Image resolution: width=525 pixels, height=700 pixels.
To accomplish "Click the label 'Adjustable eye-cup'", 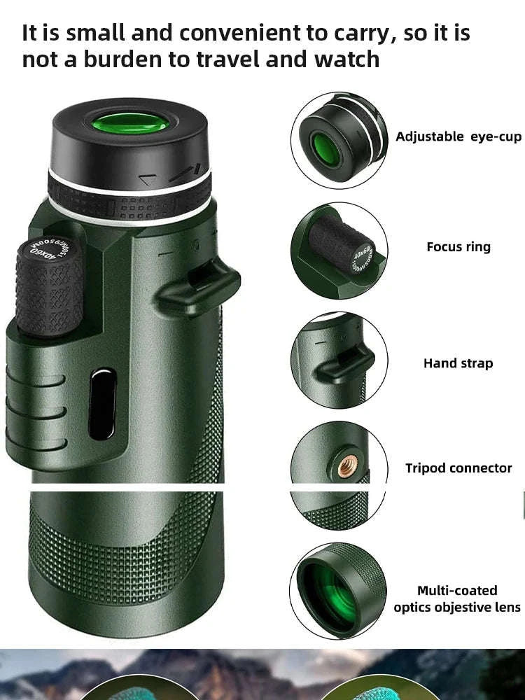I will tap(458, 136).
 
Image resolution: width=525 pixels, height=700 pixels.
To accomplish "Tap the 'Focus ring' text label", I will tap(458, 246).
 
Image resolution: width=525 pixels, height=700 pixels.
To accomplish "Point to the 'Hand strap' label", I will tap(458, 363).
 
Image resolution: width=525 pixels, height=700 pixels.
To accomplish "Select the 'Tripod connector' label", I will tap(458, 468).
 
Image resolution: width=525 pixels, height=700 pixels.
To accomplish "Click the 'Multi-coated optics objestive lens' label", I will tap(457, 599).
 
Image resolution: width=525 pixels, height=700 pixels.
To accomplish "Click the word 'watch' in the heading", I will tap(347, 59).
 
